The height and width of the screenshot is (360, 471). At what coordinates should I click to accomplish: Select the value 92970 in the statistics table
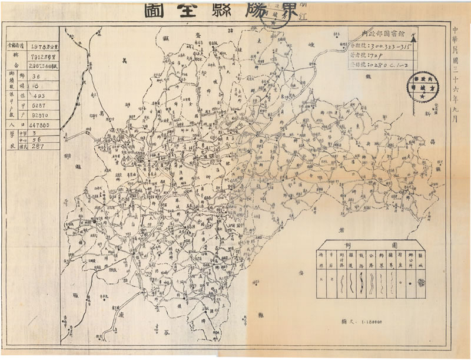41,115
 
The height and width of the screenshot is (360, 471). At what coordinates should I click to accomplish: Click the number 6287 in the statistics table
39,106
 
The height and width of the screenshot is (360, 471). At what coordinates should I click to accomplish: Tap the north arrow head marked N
414,38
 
